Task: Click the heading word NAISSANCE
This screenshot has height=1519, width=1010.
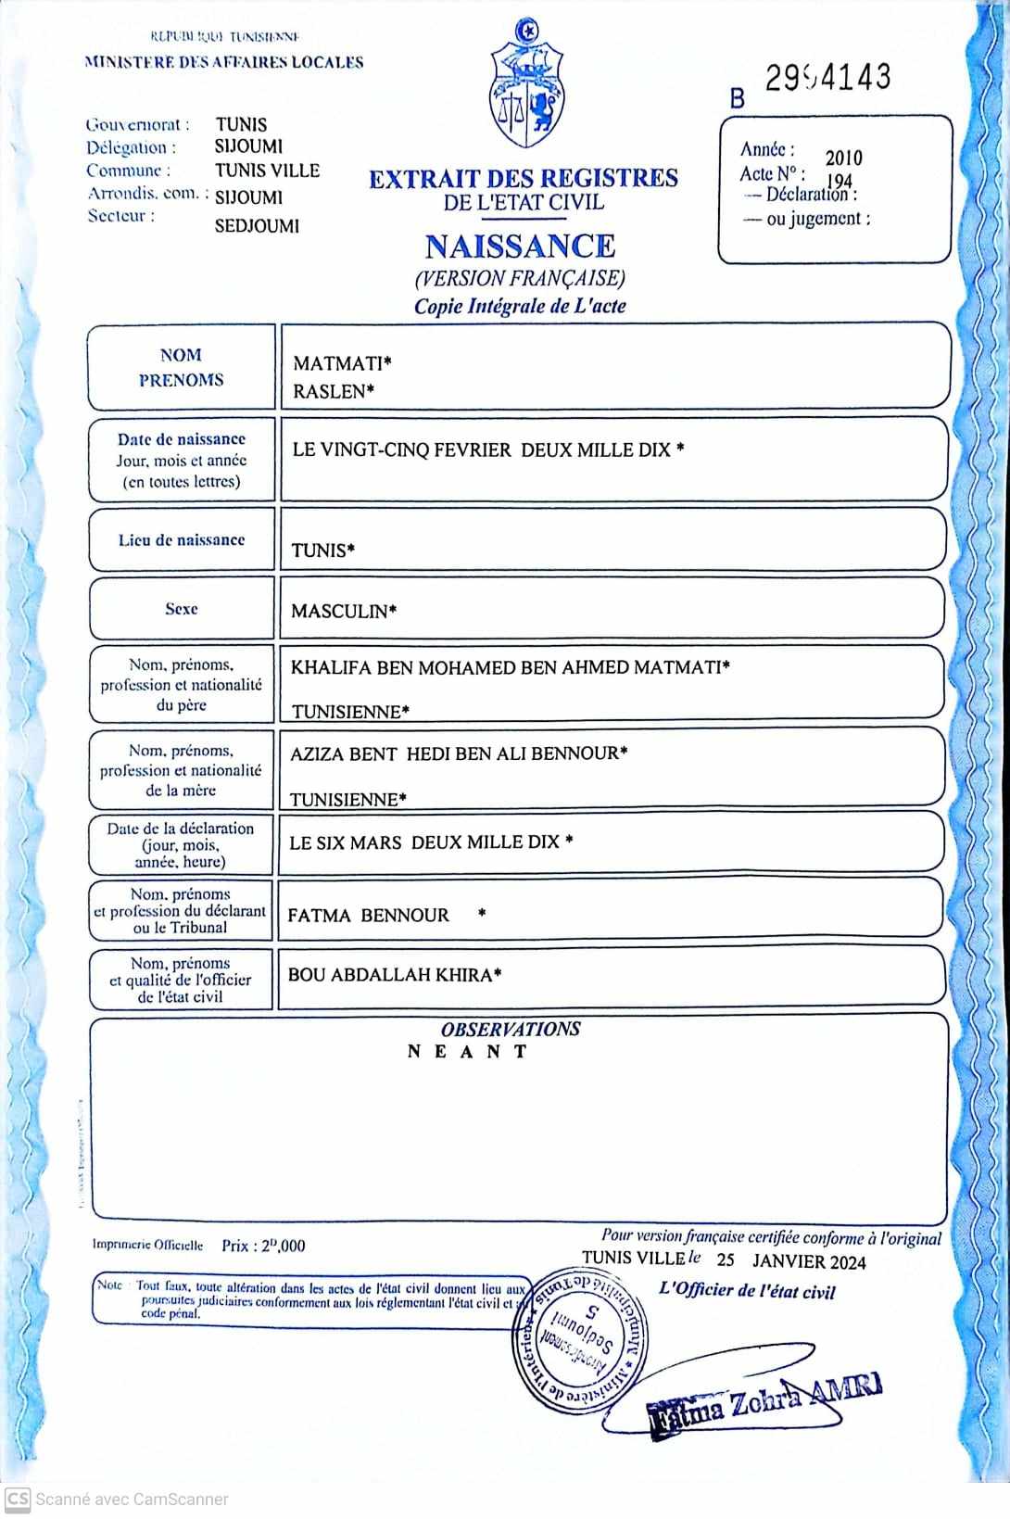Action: point(520,246)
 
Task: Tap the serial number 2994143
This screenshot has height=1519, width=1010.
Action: point(827,78)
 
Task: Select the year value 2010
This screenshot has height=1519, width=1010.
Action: point(843,158)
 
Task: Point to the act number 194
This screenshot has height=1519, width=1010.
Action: point(839,180)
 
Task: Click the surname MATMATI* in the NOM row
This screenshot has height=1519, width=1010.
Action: point(342,363)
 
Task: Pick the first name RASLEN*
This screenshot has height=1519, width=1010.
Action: point(334,391)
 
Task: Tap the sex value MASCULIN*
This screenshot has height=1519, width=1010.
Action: point(344,611)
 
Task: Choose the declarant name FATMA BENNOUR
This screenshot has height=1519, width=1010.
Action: point(368,916)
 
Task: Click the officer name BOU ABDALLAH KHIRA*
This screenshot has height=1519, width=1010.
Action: point(395,975)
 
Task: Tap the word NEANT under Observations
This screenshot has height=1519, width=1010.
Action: point(468,1051)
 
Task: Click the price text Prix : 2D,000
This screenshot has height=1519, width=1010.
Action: point(263,1246)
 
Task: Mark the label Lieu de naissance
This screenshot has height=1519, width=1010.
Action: point(182,539)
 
